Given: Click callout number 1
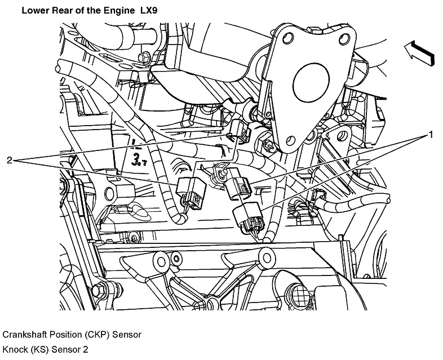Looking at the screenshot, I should click(431, 135).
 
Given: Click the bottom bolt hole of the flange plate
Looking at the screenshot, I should click(291, 138).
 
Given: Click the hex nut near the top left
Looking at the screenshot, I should click(144, 57).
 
